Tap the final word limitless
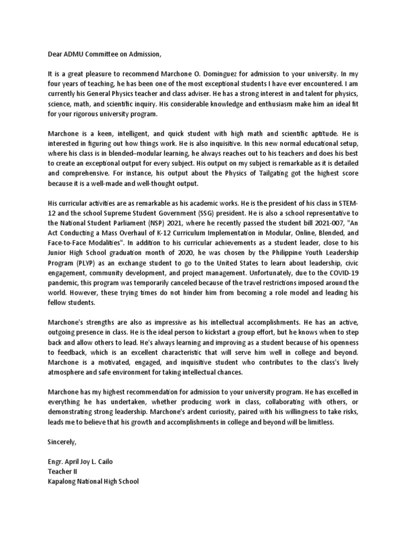pyautogui.click(x=318, y=423)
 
